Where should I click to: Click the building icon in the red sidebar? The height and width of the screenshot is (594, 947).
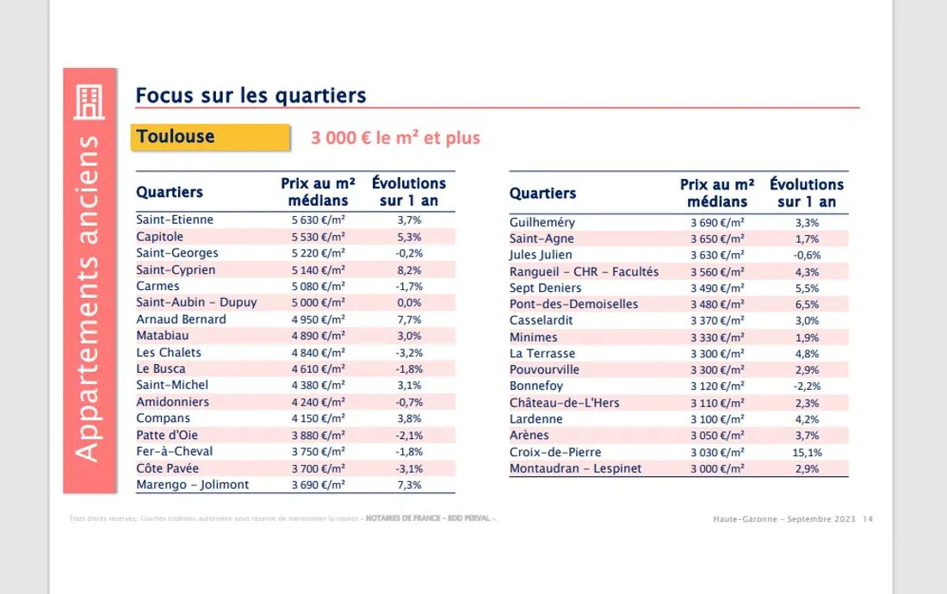(x=90, y=103)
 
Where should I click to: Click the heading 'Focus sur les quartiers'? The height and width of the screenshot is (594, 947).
(x=251, y=95)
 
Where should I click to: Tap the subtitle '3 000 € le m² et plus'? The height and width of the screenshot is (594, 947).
(x=396, y=138)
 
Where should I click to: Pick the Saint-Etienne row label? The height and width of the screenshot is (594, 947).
(x=175, y=220)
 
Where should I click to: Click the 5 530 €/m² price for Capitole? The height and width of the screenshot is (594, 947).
(x=318, y=237)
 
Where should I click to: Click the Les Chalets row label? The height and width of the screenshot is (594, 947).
(x=168, y=352)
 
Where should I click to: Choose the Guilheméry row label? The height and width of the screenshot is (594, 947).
(x=542, y=222)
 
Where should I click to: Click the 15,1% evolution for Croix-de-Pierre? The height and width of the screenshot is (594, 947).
(x=808, y=452)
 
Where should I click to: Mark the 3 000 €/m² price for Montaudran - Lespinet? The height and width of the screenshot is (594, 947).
(x=717, y=468)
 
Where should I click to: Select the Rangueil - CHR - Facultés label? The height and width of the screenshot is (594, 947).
(x=584, y=271)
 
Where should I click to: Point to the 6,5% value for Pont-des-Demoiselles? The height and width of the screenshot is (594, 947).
(x=808, y=304)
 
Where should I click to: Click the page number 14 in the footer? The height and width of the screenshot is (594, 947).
(x=868, y=519)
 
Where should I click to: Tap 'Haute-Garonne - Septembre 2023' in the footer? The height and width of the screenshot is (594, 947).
(x=784, y=519)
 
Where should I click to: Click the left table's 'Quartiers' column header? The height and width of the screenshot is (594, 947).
(x=170, y=191)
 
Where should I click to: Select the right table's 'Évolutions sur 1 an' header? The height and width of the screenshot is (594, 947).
(x=807, y=193)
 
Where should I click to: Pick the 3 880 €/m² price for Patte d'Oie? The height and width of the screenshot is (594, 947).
(x=318, y=435)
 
